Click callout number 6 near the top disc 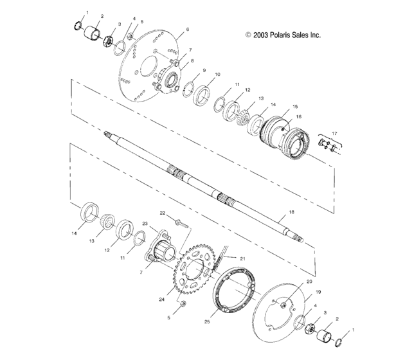pyautogui.click(x=187, y=30)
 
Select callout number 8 pyautogui.click(x=192, y=60)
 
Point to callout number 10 pyautogui.click(x=217, y=74)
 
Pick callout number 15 pyautogui.click(x=295, y=106)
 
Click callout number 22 pyautogui.click(x=162, y=213)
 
